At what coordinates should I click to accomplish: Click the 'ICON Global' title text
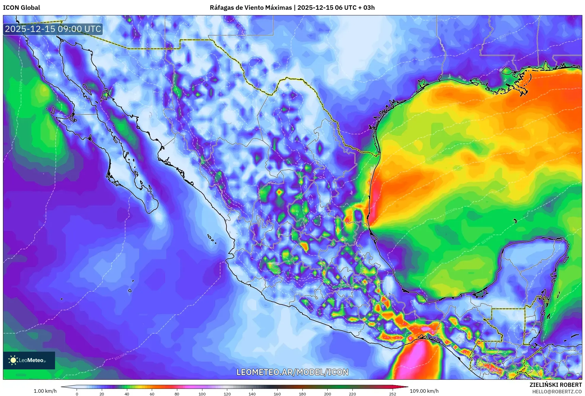[x=21, y=7]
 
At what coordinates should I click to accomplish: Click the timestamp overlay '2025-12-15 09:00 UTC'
[x=53, y=29]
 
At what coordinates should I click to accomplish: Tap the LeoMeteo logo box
[x=29, y=360]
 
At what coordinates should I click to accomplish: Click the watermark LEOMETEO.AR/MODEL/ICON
[x=292, y=372]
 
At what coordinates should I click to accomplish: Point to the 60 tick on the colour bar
[x=152, y=394]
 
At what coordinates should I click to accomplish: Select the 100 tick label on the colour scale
[x=202, y=394]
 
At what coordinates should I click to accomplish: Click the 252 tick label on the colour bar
[x=392, y=394]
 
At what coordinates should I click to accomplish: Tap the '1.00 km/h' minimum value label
[x=45, y=391]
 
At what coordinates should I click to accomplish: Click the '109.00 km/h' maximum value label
[x=424, y=391]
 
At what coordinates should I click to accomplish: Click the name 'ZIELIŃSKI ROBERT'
[x=555, y=385]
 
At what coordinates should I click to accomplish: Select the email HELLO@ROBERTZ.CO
[x=557, y=392]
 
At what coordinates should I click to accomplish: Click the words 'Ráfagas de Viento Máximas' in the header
[x=251, y=7]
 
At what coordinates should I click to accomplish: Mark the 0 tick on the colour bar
[x=77, y=394]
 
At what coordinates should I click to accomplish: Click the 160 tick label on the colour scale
[x=277, y=394]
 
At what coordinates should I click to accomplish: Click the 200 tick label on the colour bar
[x=327, y=394]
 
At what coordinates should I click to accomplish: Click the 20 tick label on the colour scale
[x=102, y=394]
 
